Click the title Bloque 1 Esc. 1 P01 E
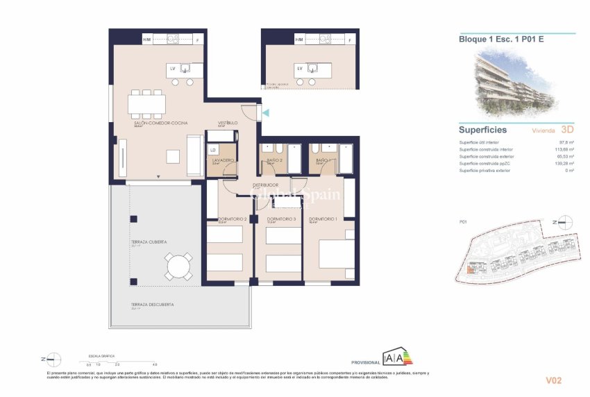pos(501,39)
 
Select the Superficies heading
pos(482,130)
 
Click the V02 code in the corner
pos(553,380)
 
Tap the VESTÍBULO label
pos(228,123)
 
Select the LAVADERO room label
pos(222,160)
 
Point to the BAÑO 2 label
pos(273,160)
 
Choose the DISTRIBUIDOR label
pos(265,185)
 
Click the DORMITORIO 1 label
pos(323,219)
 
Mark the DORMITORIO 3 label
pos(281,219)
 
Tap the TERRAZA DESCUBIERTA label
pos(152,305)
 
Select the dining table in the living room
pos(147,105)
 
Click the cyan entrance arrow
pos(265,112)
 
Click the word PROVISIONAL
pos(366,362)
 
